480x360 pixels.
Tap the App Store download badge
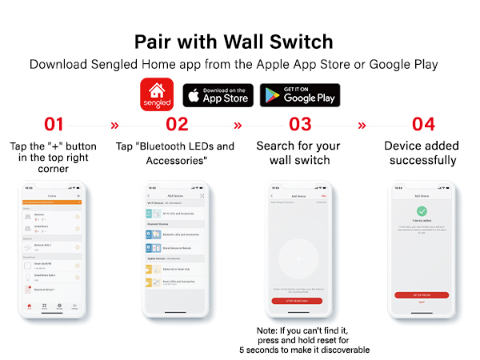pyautogui.click(x=218, y=95)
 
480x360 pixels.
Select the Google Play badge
pyautogui.click(x=299, y=95)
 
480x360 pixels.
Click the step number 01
pyautogui.click(x=54, y=125)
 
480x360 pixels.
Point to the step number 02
pyautogui.click(x=177, y=125)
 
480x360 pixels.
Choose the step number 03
pyautogui.click(x=300, y=125)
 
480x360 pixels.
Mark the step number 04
pyautogui.click(x=423, y=125)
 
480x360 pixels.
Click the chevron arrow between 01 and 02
pyautogui.click(x=114, y=126)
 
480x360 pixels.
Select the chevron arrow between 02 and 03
pyautogui.click(x=238, y=126)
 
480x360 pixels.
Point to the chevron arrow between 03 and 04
pyautogui.click(x=362, y=126)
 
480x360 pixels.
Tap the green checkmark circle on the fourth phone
pyautogui.click(x=422, y=211)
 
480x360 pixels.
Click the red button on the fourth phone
pyautogui.click(x=422, y=295)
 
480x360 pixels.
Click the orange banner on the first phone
pyautogui.click(x=54, y=202)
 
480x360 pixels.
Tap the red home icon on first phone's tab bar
pyautogui.click(x=30, y=306)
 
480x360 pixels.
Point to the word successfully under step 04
pyautogui.click(x=423, y=161)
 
